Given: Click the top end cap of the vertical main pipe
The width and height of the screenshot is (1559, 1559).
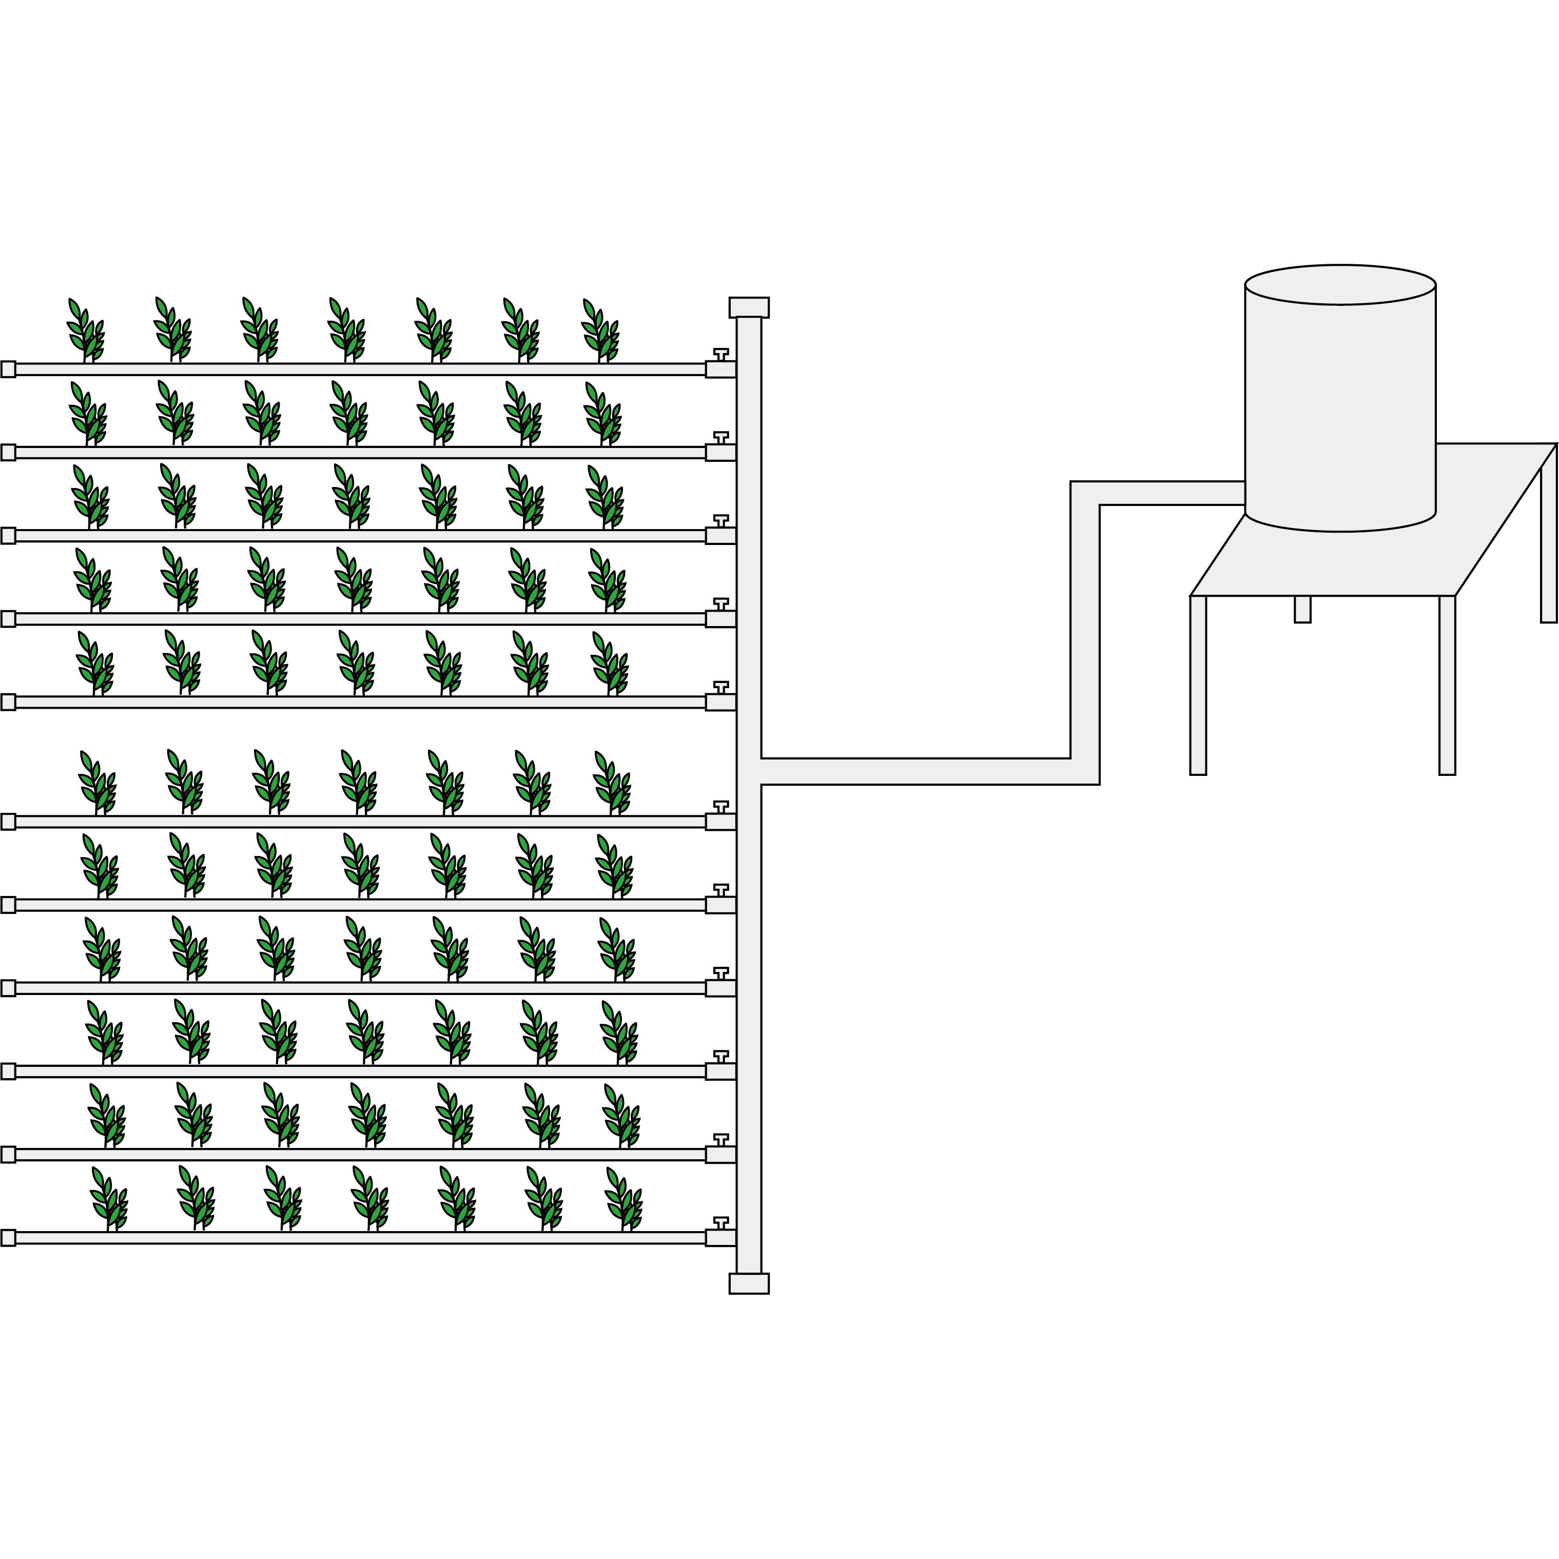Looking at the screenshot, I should pyautogui.click(x=749, y=307).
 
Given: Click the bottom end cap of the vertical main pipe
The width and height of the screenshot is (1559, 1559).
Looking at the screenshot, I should pyautogui.click(x=749, y=1283).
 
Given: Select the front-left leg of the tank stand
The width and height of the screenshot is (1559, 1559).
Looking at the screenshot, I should pyautogui.click(x=1198, y=686).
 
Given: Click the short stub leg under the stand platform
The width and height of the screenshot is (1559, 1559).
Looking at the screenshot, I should pyautogui.click(x=1302, y=609).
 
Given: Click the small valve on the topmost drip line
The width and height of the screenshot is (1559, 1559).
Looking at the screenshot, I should pyautogui.click(x=720, y=354).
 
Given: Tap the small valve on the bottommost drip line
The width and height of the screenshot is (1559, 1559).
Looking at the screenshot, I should pyautogui.click(x=720, y=1222).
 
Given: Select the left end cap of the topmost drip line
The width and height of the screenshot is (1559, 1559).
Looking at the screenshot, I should pyautogui.click(x=8, y=369).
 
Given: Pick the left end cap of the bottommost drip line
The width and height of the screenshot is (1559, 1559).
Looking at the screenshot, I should pyautogui.click(x=8, y=1238).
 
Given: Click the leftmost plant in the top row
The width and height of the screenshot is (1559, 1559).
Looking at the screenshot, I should pyautogui.click(x=86, y=331).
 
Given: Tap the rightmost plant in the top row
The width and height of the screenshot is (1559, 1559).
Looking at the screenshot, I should pyautogui.click(x=600, y=331).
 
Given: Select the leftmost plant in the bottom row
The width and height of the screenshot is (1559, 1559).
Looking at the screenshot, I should pyautogui.click(x=109, y=1199).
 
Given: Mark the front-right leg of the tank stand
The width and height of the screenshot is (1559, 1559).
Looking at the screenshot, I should pyautogui.click(x=1447, y=686).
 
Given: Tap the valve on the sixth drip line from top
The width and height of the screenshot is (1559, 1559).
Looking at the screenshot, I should pyautogui.click(x=720, y=807).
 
